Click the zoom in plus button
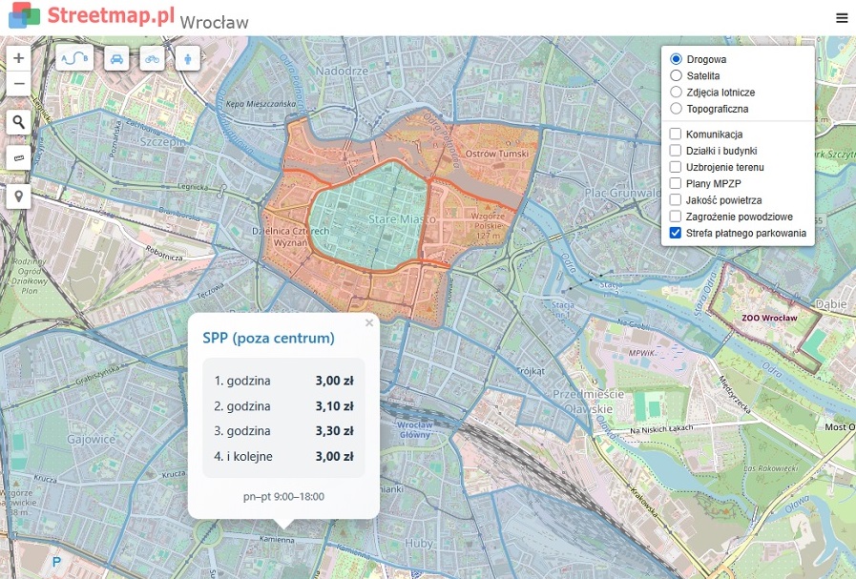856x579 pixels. [19, 58]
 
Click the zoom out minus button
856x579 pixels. [19, 84]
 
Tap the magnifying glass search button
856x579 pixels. [19, 121]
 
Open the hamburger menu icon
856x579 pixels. [841, 18]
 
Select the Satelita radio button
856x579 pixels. [677, 75]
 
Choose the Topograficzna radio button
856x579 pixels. [677, 109]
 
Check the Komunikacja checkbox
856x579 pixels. [676, 134]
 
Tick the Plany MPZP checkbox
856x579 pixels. [676, 183]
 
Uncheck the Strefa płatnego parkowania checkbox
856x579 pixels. [676, 233]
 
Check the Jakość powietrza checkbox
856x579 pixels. [676, 200]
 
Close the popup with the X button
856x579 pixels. [369, 323]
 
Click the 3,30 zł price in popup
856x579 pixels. [334, 431]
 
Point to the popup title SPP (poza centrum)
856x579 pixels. [268, 338]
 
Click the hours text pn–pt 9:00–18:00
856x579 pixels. [283, 497]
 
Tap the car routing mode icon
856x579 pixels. [116, 58]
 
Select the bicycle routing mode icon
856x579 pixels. [153, 58]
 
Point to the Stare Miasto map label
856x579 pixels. [402, 219]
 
